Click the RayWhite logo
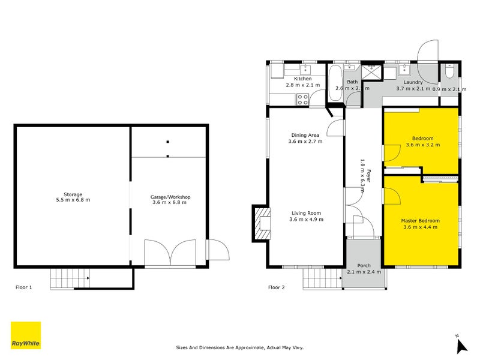coord(26,335)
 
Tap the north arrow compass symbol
coord(461,345)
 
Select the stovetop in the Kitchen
coord(303,100)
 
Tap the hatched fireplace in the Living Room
coord(262,223)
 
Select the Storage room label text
coord(73,194)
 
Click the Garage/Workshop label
coord(170,197)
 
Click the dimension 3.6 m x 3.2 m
coord(422,145)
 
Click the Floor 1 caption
coord(23,287)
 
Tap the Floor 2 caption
coord(276,287)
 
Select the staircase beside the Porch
coord(323,278)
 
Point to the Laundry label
coord(413,82)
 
